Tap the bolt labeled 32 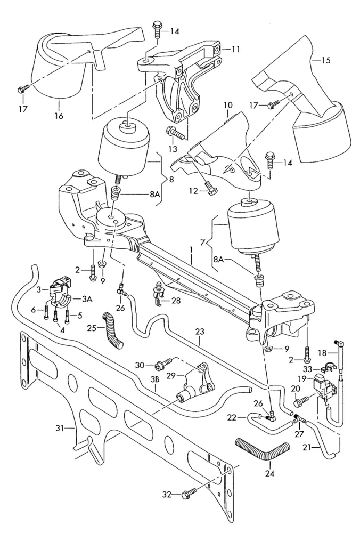[x=187, y=495]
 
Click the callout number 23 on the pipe [x=199, y=332]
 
